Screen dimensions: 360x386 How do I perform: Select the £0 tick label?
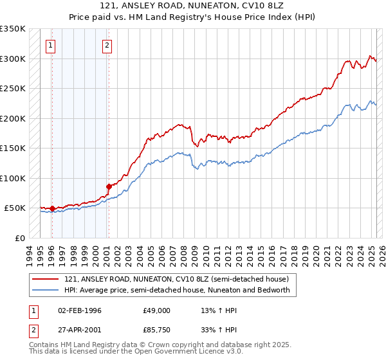coord(19,238)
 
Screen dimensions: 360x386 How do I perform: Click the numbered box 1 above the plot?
coord(50,45)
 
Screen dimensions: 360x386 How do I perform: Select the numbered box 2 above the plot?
coord(107,45)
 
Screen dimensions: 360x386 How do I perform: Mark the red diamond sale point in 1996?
coord(52,208)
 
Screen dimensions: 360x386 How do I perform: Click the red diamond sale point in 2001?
coord(109,186)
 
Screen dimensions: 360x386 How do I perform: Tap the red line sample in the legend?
coord(46,280)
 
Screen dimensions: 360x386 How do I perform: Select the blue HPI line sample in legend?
coord(46,290)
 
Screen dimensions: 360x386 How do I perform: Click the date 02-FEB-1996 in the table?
coord(80,310)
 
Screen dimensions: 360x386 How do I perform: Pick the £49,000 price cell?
coord(156,310)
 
